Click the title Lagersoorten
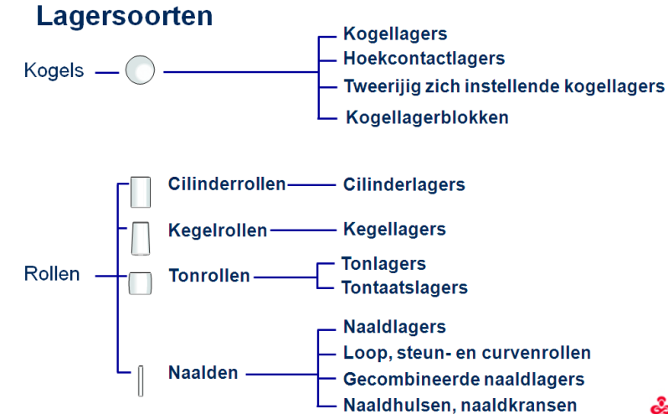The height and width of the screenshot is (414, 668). pyautogui.click(x=125, y=16)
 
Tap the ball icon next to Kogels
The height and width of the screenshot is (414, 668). pyautogui.click(x=140, y=70)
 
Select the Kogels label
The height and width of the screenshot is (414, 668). pyautogui.click(x=54, y=70)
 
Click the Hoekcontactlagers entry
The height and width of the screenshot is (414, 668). pyautogui.click(x=424, y=59)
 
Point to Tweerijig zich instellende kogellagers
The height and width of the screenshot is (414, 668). pyautogui.click(x=504, y=86)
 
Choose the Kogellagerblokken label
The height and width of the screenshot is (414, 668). pyautogui.click(x=427, y=117)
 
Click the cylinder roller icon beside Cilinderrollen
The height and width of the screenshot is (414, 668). pyautogui.click(x=140, y=192)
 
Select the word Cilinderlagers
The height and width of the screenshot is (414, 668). pyautogui.click(x=403, y=184)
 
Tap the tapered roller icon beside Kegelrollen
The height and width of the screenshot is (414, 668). pyautogui.click(x=141, y=238)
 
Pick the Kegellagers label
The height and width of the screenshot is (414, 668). pyautogui.click(x=394, y=230)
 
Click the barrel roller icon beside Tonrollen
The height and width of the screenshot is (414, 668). pyautogui.click(x=140, y=283)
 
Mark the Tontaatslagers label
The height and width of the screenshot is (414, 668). pyautogui.click(x=404, y=287)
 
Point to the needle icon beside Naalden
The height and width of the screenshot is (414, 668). pyautogui.click(x=141, y=380)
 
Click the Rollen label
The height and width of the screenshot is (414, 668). pyautogui.click(x=52, y=274)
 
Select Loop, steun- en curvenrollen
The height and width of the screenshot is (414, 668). pyautogui.click(x=467, y=353)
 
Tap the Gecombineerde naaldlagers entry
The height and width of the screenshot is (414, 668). pyautogui.click(x=464, y=379)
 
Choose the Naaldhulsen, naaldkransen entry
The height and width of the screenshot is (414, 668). pyautogui.click(x=460, y=405)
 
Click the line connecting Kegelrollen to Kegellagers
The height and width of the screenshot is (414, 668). pyautogui.click(x=303, y=230)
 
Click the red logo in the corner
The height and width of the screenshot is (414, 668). pyautogui.click(x=660, y=406)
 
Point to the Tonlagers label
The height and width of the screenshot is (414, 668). pyautogui.click(x=384, y=264)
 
